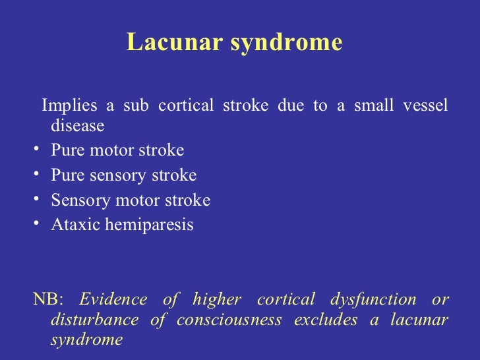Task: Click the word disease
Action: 77,125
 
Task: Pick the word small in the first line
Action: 375,106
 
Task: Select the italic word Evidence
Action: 113,299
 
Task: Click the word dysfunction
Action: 369,300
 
